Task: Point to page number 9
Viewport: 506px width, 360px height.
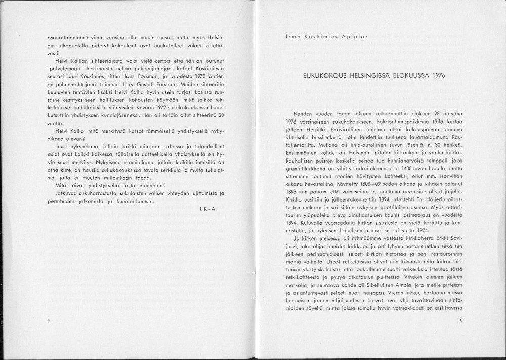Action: coord(461,321)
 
